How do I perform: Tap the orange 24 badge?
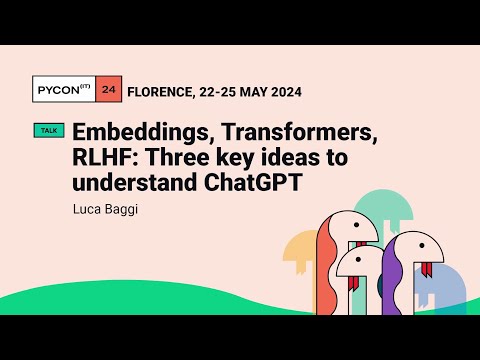[x=111, y=91]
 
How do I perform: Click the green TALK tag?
[x=48, y=130]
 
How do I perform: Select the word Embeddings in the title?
[x=136, y=131]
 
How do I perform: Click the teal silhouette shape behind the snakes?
[x=380, y=204]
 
